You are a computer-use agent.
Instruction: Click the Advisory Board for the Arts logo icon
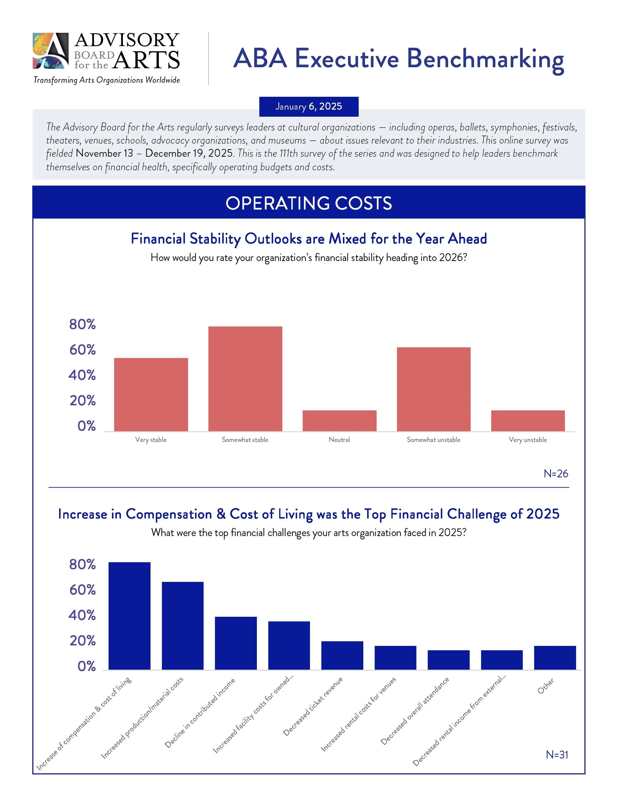(x=50, y=51)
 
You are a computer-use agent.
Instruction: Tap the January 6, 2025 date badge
(x=309, y=106)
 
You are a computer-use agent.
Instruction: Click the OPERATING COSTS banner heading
(x=309, y=203)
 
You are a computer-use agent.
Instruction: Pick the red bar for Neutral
(x=339, y=420)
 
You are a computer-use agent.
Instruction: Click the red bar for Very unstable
(x=528, y=420)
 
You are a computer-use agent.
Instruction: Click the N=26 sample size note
(x=555, y=474)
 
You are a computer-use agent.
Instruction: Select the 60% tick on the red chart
(x=82, y=350)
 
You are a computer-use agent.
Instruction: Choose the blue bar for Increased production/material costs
(x=182, y=625)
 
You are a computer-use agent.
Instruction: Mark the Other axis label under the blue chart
(x=546, y=686)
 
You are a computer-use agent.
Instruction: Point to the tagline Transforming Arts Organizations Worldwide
(x=107, y=80)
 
